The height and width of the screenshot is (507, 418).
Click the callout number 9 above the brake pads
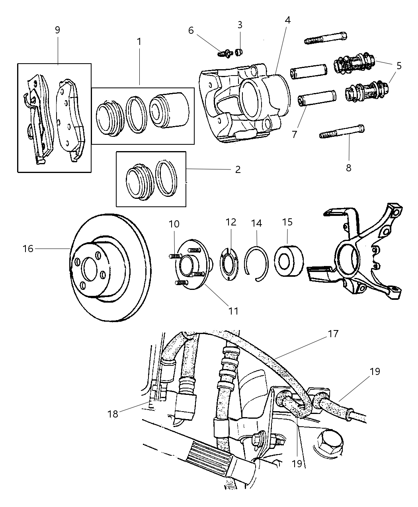pos(57,30)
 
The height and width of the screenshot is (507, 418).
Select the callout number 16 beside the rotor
pos(28,249)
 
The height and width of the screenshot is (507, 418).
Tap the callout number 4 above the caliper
pos(287,20)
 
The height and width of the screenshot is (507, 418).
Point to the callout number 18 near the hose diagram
pos(113,414)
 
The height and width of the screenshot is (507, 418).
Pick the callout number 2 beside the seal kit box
pos(238,170)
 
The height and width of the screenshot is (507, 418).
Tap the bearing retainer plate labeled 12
pos(230,264)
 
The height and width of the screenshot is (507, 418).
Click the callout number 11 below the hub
pos(233,311)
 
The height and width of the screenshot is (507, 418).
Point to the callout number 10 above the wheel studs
pos(174,224)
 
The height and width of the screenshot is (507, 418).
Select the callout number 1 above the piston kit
pos(139,41)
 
